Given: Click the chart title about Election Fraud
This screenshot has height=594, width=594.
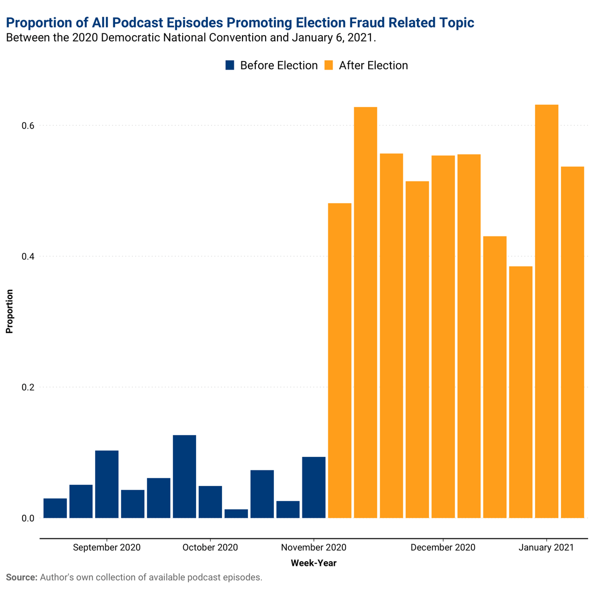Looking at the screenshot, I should click(x=240, y=23).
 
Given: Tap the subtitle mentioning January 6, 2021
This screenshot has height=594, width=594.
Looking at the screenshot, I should click(x=191, y=38).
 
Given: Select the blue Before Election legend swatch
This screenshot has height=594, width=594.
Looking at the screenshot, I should click(x=230, y=65).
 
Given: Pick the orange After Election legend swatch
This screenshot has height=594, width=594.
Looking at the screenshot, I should click(x=328, y=65).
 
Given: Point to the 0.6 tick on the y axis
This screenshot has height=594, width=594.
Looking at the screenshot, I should click(x=28, y=126).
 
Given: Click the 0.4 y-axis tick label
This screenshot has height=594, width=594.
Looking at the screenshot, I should click(x=28, y=256).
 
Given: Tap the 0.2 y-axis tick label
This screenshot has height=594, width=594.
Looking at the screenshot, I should click(x=28, y=388).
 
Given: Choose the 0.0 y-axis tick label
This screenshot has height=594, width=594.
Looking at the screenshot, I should click(x=28, y=518).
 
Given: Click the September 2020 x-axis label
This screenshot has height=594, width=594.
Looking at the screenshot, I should click(x=106, y=548).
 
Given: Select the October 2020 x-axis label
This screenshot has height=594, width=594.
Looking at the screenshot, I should click(x=210, y=548).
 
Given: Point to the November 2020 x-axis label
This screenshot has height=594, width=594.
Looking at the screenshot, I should click(x=314, y=548).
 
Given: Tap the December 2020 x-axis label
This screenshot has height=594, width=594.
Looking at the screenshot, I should click(x=443, y=548).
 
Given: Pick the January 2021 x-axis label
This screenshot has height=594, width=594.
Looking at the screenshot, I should click(x=546, y=548).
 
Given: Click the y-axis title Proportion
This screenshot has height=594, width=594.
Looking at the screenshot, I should click(x=9, y=312).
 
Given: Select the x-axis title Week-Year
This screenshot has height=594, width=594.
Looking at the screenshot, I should click(x=314, y=563).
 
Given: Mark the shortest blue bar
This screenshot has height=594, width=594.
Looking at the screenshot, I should click(x=236, y=514).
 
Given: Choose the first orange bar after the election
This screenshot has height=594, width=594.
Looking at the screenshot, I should click(x=340, y=360).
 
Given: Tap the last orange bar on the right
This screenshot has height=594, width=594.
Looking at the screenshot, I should click(x=572, y=342).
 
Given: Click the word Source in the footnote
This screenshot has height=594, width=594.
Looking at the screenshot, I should click(x=22, y=577).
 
